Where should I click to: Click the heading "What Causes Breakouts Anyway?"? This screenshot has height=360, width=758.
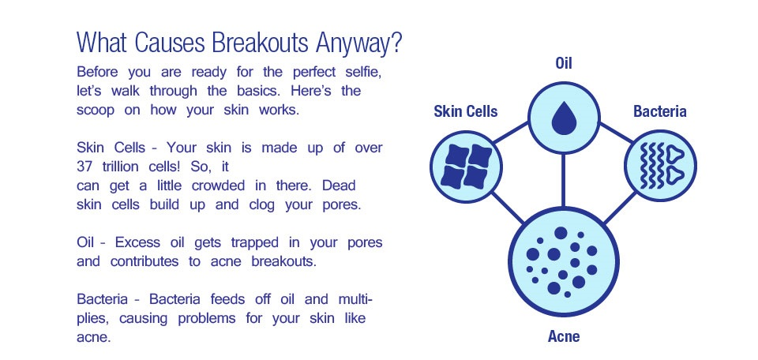(x=239, y=43)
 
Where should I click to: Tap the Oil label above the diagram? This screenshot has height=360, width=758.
(x=564, y=63)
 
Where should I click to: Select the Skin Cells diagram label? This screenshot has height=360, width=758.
(x=466, y=111)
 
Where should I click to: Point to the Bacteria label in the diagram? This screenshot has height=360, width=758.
(x=660, y=111)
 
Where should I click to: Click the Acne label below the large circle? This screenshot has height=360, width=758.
(x=564, y=336)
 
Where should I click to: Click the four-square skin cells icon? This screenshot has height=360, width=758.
(x=467, y=167)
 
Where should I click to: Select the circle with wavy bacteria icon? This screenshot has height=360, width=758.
(x=660, y=166)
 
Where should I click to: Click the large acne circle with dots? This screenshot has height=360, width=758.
(x=563, y=261)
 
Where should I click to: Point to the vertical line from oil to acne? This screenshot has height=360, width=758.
(x=563, y=180)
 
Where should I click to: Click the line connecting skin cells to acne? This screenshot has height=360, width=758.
(x=508, y=208)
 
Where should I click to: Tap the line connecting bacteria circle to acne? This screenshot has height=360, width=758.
(x=621, y=208)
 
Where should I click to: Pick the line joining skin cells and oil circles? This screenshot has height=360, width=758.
(x=511, y=133)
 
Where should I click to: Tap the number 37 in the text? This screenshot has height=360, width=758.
(x=84, y=167)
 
